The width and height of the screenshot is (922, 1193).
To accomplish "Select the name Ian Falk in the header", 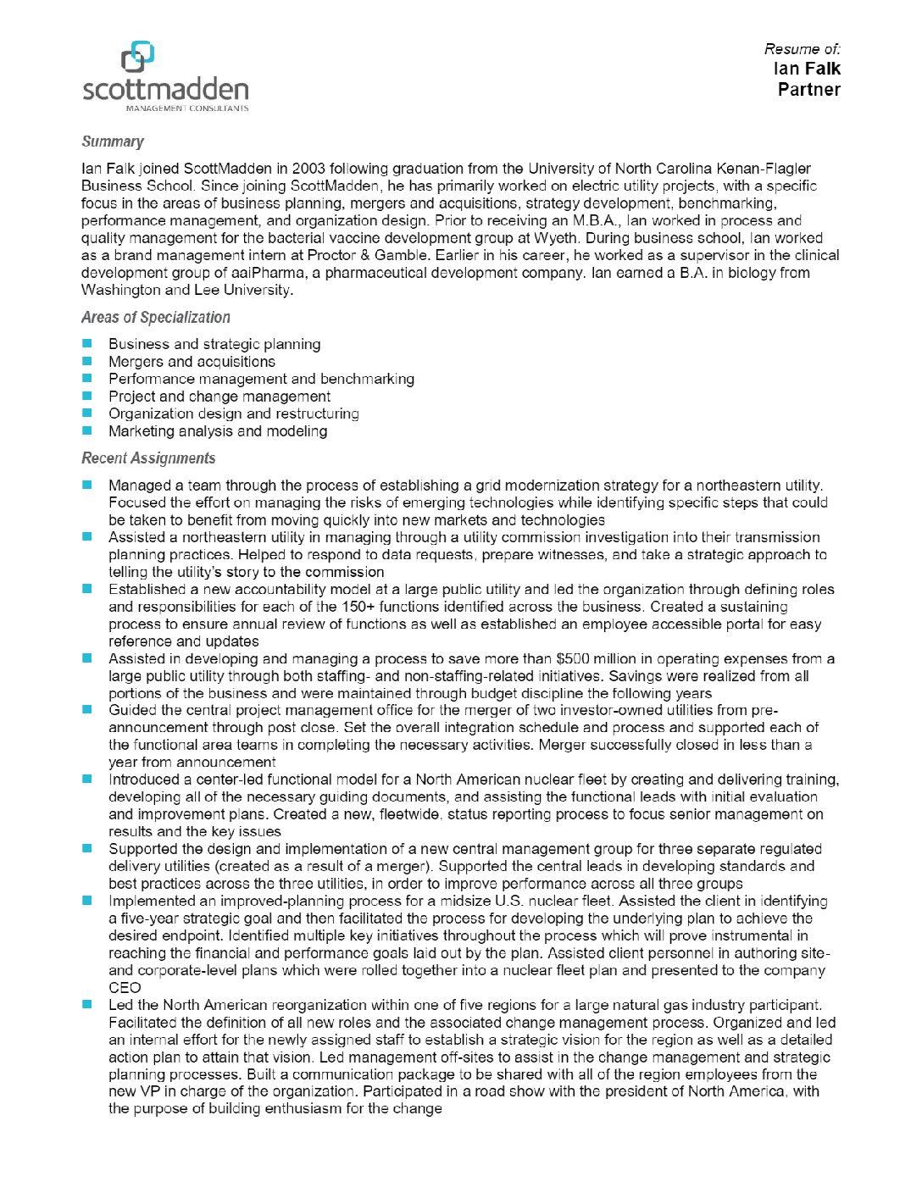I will point(806,69).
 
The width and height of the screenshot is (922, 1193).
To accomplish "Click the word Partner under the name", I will point(808,90).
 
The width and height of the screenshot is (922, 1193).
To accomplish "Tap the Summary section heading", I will point(112,141).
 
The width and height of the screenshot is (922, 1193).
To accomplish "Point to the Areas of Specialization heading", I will point(155,318).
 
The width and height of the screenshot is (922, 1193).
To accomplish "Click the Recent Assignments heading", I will point(148,458).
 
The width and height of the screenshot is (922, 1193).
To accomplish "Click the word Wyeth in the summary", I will point(556,238).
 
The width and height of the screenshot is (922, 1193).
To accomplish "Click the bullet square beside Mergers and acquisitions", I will point(87,361).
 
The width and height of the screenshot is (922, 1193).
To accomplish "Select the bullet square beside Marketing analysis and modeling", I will point(87,430).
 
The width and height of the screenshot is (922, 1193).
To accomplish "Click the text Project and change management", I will point(219,397).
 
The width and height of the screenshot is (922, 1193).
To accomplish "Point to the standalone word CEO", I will point(125,988).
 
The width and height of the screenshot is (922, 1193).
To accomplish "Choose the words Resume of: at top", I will point(802,49).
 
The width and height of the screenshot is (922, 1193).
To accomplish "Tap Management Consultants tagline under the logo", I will point(187,108).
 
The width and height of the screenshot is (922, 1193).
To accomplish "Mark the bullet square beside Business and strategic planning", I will point(87,344).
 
